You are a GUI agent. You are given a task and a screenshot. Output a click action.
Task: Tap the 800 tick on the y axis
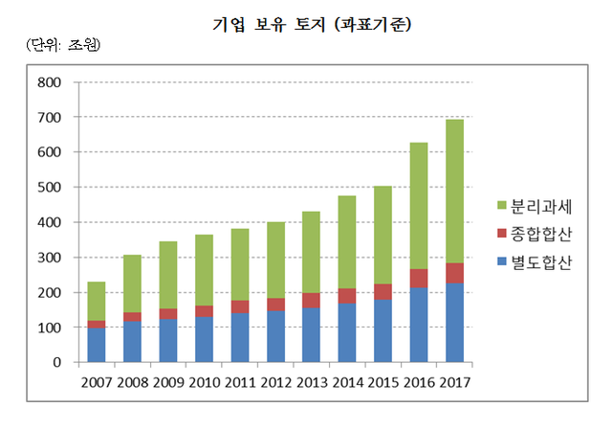point(49,82)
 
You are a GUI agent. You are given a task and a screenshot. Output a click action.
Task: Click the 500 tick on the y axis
point(49,188)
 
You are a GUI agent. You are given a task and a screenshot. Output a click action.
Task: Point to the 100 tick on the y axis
point(49,328)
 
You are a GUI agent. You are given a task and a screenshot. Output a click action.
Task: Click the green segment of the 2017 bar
point(454,192)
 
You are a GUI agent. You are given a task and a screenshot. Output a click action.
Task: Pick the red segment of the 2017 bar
point(454,273)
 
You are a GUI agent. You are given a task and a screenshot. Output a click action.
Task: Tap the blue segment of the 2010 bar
point(203,339)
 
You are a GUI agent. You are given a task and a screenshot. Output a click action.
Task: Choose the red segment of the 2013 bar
point(311,301)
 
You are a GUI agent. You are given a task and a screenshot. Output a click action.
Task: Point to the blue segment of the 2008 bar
point(131,342)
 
